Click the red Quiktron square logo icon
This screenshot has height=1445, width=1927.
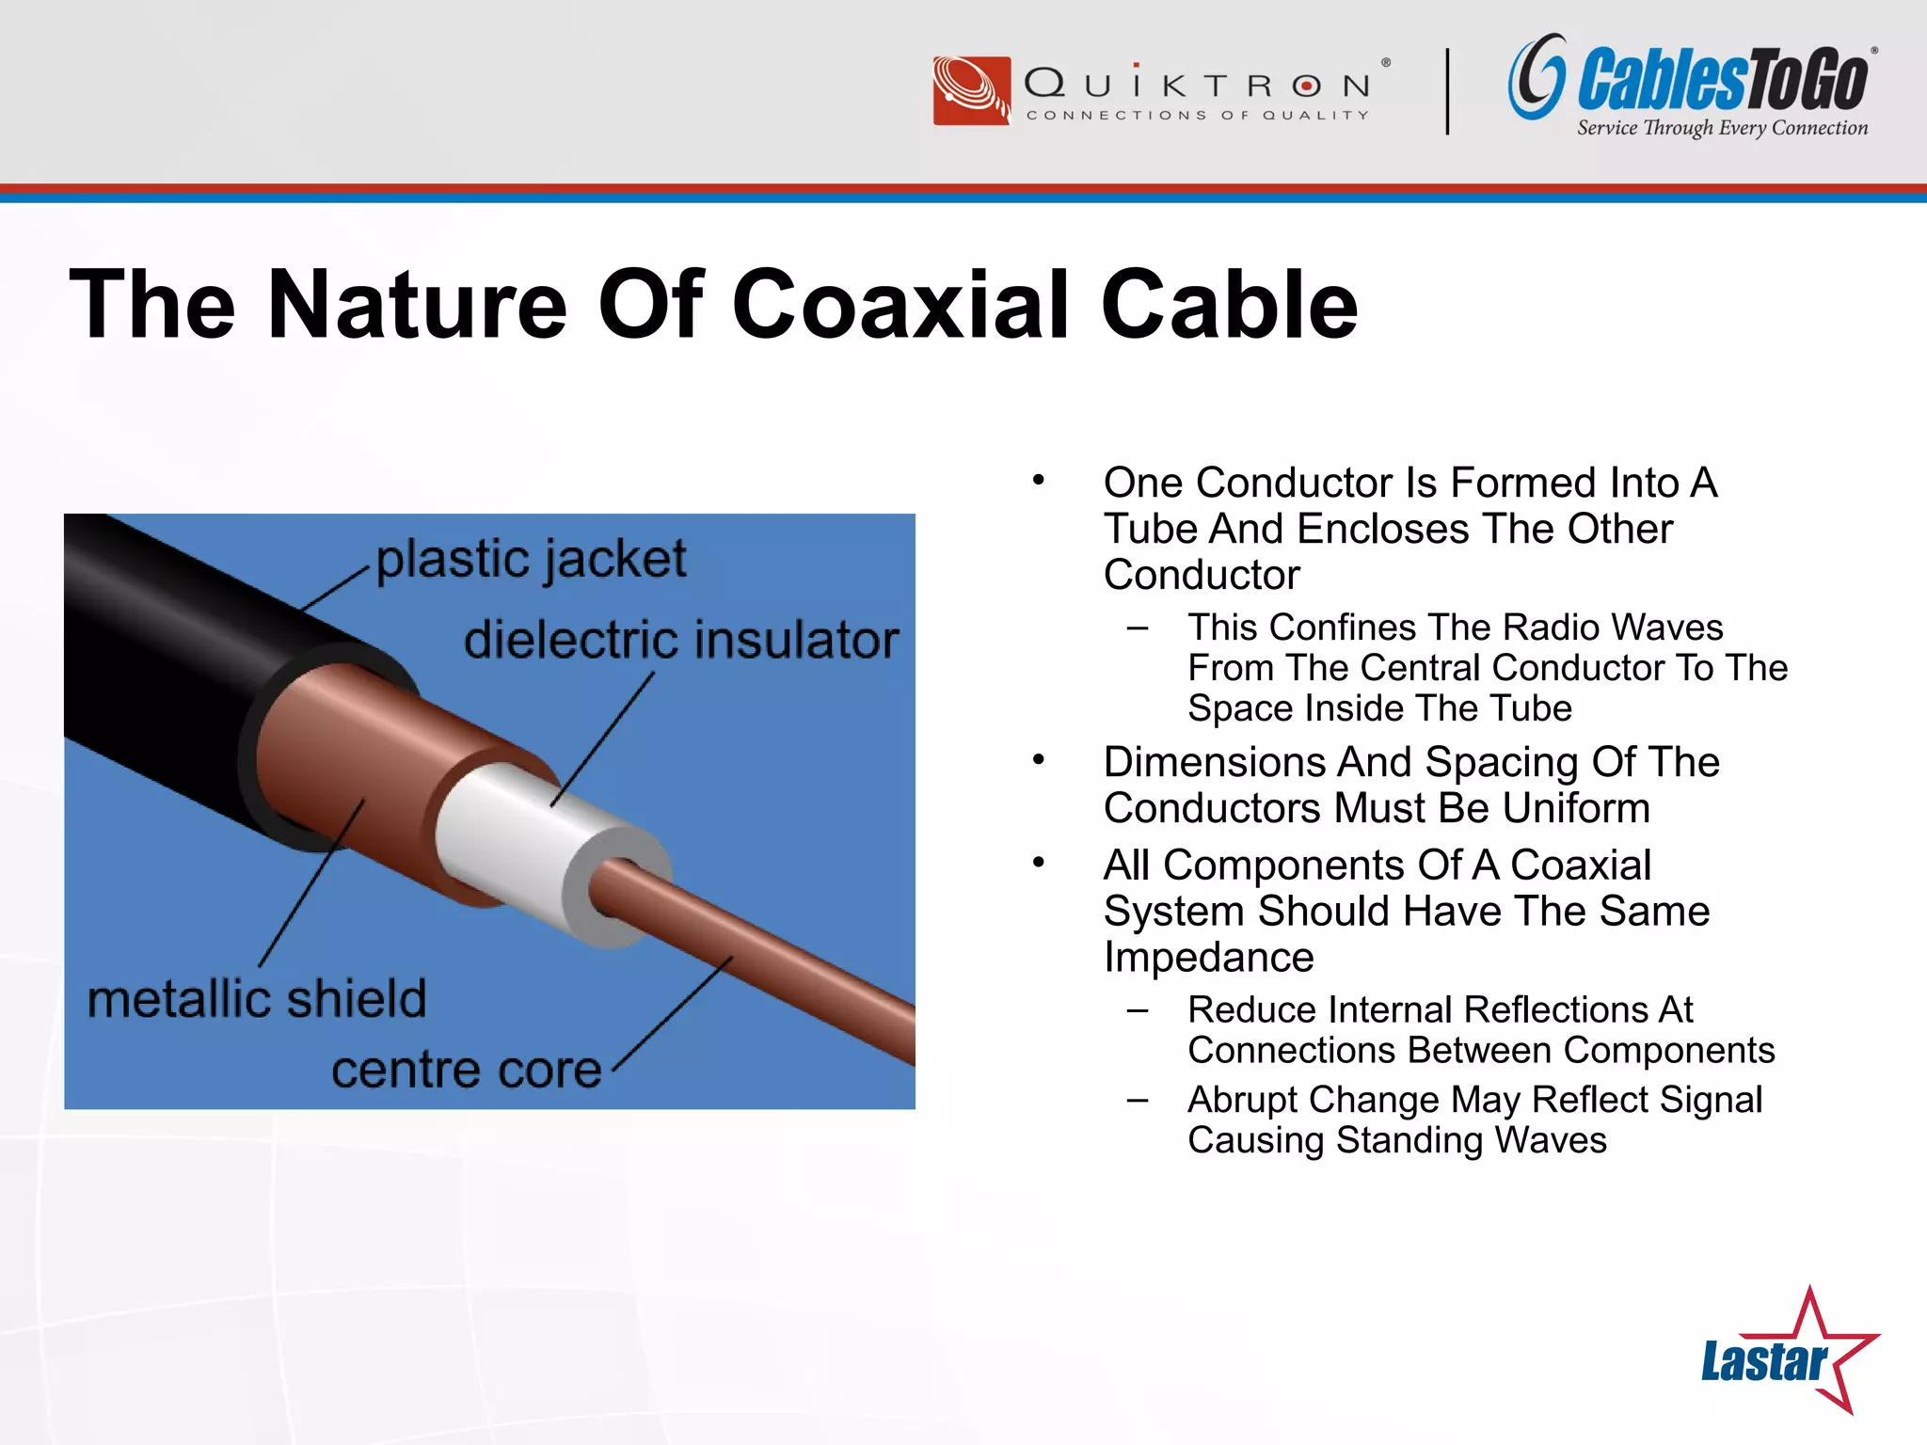(x=971, y=90)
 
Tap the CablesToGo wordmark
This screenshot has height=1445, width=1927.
(x=1722, y=81)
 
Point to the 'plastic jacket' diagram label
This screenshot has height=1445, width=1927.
(x=531, y=559)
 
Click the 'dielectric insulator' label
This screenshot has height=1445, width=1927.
(x=681, y=640)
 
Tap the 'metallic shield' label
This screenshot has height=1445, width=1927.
(x=257, y=998)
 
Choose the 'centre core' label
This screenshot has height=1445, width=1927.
(x=466, y=1070)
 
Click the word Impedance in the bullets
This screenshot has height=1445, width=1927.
(x=1208, y=957)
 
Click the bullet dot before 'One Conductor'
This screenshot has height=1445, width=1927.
(x=1038, y=481)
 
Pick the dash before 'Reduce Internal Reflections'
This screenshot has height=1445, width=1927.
(x=1137, y=1010)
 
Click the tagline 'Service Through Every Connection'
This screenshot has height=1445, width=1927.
(x=1722, y=128)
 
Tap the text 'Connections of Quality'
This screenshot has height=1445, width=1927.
(x=1197, y=115)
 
